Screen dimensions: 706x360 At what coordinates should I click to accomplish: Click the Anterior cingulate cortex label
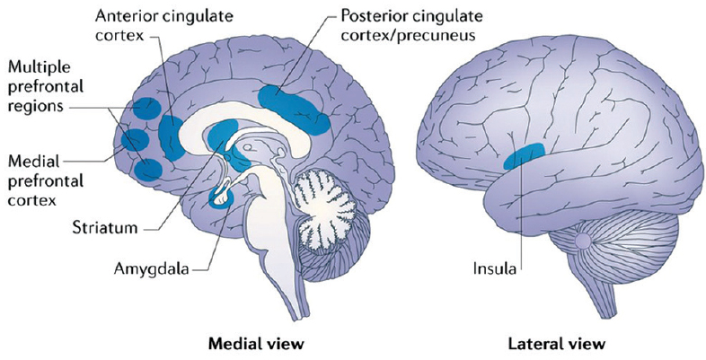click(x=164, y=26)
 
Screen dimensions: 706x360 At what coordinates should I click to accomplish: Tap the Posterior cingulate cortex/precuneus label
click(x=411, y=25)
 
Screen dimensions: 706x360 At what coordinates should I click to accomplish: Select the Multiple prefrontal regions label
click(x=46, y=87)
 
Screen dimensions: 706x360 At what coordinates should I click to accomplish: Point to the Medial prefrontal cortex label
click(x=46, y=180)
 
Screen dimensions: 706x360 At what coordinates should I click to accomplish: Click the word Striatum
click(x=104, y=227)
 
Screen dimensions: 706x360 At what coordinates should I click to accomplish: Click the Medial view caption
click(x=256, y=345)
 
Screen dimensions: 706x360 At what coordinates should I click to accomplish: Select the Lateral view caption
click(x=556, y=345)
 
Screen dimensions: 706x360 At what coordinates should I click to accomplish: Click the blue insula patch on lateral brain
click(x=525, y=155)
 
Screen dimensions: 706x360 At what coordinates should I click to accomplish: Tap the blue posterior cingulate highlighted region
click(x=293, y=109)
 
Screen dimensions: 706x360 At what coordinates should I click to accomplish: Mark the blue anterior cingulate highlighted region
click(x=171, y=137)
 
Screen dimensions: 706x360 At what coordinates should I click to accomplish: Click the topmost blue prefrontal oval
click(x=147, y=109)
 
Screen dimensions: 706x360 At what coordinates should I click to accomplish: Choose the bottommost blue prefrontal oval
click(x=148, y=170)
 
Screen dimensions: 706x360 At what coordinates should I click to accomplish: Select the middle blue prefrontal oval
click(x=135, y=140)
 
